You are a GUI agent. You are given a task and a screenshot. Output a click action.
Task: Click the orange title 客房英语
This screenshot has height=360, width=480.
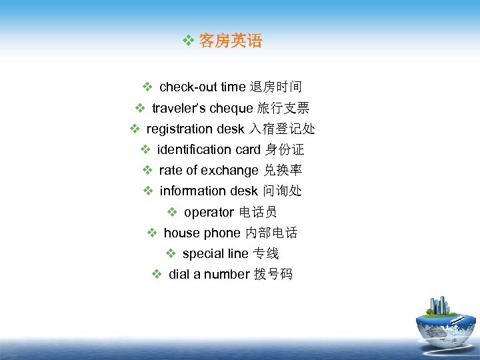[231, 41]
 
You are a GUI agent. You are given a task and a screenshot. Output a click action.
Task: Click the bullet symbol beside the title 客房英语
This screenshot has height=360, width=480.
[188, 41]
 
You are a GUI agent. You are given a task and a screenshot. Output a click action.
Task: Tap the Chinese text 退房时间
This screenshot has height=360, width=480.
[275, 87]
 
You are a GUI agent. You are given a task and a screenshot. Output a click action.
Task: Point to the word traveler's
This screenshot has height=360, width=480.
[179, 108]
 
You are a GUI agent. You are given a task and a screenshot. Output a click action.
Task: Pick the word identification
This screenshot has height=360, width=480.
[195, 149]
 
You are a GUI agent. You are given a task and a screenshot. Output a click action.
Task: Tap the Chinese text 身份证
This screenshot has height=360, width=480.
[285, 149]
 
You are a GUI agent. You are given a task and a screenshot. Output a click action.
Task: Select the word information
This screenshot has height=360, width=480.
[193, 191]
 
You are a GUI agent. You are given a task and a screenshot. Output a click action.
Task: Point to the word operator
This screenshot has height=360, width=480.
[209, 212]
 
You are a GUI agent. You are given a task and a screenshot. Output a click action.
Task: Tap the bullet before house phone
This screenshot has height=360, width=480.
[152, 233]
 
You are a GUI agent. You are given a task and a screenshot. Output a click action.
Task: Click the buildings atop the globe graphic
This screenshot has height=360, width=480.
[441, 306]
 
